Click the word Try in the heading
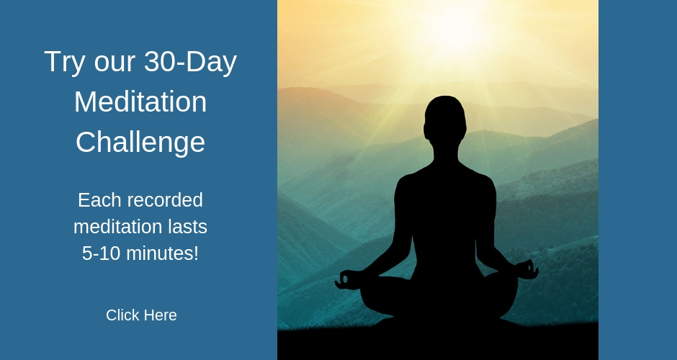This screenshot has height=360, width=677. (64, 62)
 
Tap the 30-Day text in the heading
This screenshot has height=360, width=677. (190, 62)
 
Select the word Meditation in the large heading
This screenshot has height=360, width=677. (140, 102)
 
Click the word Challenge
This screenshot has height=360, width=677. (140, 143)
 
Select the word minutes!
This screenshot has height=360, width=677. (162, 253)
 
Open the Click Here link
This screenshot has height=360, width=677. (141, 315)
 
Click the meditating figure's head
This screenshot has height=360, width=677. (445, 119)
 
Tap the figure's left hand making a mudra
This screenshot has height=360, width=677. (348, 279)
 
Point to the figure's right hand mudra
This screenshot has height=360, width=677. (526, 269)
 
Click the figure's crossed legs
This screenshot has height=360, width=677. (439, 298)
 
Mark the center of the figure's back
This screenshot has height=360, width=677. (445, 212)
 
